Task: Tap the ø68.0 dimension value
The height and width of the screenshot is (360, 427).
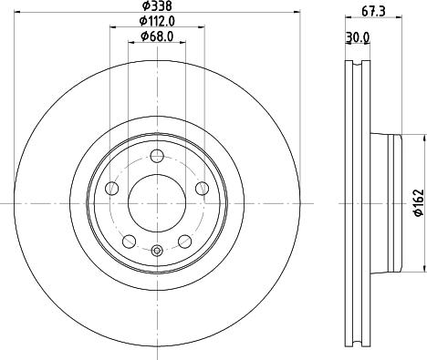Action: click(x=157, y=36)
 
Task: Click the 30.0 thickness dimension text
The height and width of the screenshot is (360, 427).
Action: click(x=359, y=37)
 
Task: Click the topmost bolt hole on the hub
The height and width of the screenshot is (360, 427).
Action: click(x=157, y=154)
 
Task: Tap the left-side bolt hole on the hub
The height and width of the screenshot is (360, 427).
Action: click(x=113, y=188)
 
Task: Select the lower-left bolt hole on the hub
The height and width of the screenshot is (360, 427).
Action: click(x=130, y=241)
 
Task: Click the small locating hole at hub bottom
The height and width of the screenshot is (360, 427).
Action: click(x=157, y=252)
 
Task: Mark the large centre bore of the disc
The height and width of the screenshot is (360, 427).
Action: click(x=157, y=201)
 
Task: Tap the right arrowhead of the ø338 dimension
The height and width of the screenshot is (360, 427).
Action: click(x=297, y=14)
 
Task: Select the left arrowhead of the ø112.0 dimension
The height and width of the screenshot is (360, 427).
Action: click(x=112, y=27)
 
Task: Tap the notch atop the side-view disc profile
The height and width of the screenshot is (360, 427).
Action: click(x=357, y=65)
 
